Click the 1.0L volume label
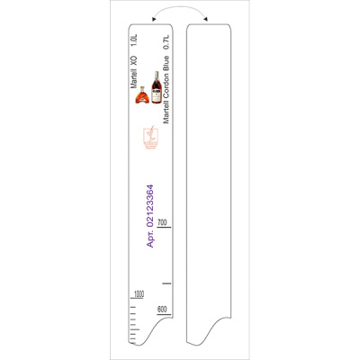134,40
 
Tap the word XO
134,61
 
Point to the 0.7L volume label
166,42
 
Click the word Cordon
166,86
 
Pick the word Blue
166,63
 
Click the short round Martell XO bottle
142,95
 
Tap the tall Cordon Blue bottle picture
156,87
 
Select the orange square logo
150,138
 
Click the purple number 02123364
150,205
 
